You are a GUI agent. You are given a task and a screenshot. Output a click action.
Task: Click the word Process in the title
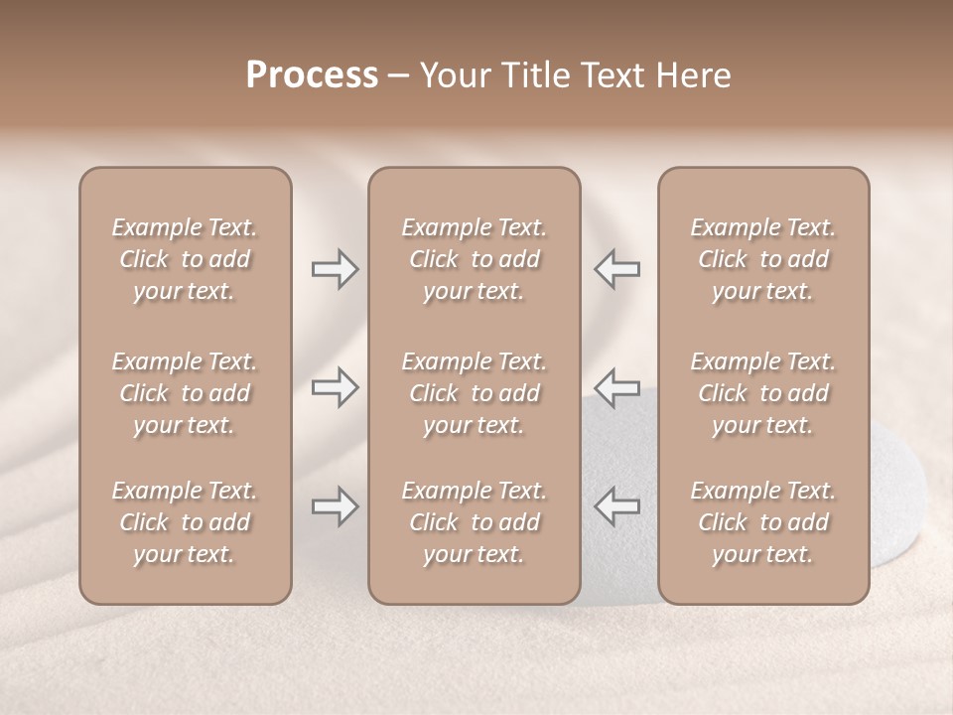(312, 74)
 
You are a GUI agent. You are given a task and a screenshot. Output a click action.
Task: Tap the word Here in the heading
(692, 74)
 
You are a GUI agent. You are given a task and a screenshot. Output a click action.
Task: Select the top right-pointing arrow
(336, 268)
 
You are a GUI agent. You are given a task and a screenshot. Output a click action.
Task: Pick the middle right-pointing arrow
(336, 387)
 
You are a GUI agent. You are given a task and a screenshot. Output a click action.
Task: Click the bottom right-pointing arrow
(336, 506)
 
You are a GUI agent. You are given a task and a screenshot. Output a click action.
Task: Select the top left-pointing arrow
(616, 268)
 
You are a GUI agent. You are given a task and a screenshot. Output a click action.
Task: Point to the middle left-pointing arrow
(616, 387)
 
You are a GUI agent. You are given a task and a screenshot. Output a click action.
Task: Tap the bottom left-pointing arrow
(616, 506)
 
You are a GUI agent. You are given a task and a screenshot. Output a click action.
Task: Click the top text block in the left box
(185, 259)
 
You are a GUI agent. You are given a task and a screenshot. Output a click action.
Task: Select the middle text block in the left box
(185, 393)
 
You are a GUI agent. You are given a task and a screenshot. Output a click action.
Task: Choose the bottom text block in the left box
(185, 522)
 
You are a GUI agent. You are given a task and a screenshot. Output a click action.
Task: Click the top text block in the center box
(474, 259)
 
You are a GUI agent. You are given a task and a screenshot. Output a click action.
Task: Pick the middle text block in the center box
(474, 393)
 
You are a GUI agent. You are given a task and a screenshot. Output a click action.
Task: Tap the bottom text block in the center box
(474, 522)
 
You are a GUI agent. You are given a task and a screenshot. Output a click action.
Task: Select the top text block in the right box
(762, 259)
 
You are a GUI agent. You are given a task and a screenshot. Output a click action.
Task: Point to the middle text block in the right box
(762, 393)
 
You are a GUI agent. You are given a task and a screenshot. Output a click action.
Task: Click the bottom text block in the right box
(762, 522)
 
